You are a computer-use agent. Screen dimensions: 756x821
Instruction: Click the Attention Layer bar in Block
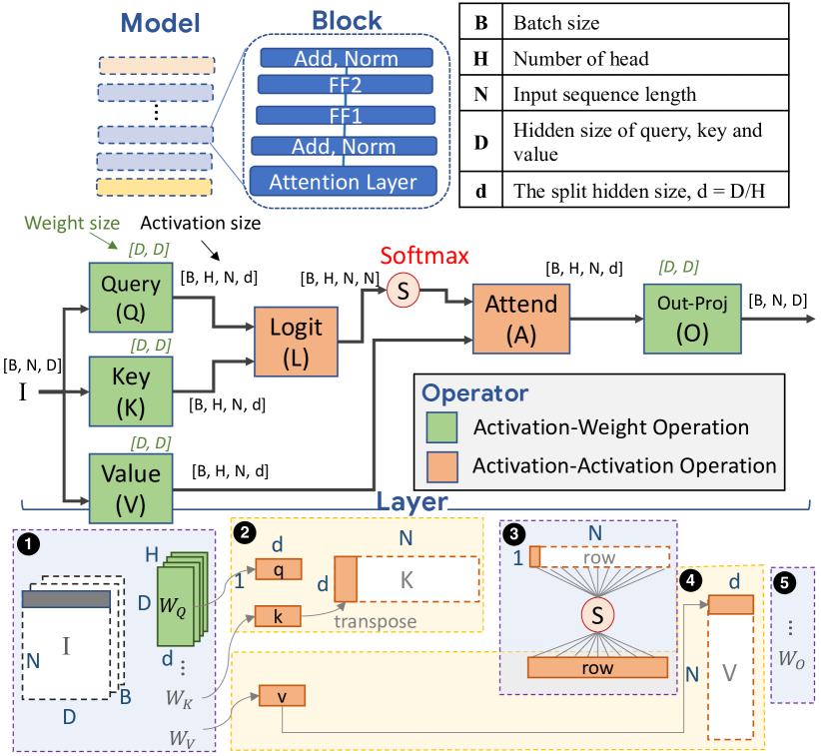click(345, 182)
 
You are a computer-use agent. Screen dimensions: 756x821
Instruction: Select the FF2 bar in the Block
click(345, 83)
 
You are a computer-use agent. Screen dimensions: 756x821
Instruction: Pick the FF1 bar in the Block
click(345, 115)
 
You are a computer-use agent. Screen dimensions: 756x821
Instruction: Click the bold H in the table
click(481, 59)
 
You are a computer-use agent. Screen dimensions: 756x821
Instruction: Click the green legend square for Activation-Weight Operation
click(443, 428)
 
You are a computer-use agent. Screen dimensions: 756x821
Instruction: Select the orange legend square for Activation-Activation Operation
click(443, 464)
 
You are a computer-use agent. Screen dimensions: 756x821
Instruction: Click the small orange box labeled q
click(279, 569)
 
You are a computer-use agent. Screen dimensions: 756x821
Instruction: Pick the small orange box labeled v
click(282, 696)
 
